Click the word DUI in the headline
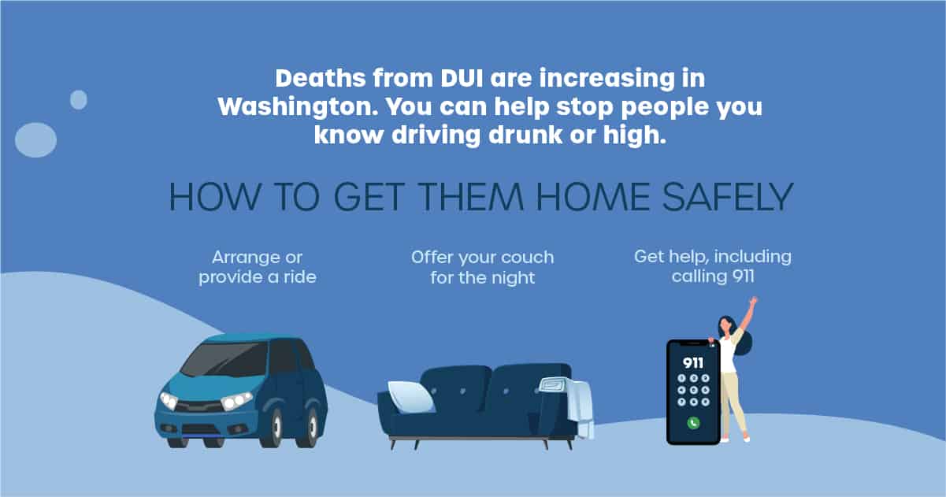[462, 79]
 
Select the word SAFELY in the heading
[728, 197]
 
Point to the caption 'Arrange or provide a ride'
[258, 267]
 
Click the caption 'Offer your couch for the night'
[482, 268]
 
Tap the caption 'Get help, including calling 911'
[713, 266]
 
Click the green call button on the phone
[693, 423]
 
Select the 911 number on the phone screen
[693, 363]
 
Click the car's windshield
[226, 359]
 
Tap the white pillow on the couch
[411, 396]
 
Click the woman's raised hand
[753, 301]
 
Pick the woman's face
[725, 325]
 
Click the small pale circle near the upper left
[79, 100]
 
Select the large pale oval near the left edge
[36, 139]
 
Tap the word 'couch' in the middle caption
[528, 258]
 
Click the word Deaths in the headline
[321, 79]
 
